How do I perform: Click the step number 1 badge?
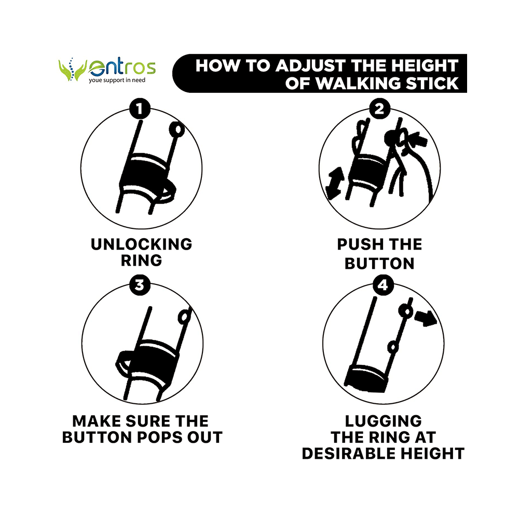140,108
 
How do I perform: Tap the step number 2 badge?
379,108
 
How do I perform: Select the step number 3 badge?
140,284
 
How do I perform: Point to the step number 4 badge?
383,284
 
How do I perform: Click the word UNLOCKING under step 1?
141,244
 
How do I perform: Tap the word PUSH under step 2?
358,244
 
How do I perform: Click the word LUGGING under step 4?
383,421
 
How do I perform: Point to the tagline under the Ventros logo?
117,80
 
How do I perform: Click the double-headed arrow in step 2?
335,183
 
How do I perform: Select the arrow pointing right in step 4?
426,318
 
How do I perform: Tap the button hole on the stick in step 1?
177,129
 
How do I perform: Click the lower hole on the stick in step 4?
393,347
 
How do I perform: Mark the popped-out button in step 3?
184,317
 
